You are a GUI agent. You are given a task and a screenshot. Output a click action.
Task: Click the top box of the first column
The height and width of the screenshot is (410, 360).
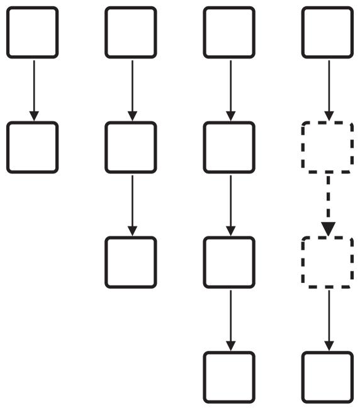coord(33,32)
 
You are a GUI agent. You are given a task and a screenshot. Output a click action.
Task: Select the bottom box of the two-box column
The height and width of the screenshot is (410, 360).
coord(33,147)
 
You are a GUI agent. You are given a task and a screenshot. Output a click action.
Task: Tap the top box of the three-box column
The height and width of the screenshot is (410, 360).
coord(131,32)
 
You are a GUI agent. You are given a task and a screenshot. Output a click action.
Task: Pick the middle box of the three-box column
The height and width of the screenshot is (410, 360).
coord(131,147)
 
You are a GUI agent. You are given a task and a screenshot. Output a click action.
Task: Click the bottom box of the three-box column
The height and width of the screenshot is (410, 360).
coord(131,262)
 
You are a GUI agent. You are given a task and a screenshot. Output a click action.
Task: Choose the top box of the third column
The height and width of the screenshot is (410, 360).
coord(229,32)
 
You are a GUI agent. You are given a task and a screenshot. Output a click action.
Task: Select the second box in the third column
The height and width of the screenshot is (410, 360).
coord(229,147)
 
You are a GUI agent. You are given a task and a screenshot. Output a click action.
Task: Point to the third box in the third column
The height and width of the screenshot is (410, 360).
coord(229,262)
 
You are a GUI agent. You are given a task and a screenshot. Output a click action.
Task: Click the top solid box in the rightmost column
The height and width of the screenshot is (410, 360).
coord(327,32)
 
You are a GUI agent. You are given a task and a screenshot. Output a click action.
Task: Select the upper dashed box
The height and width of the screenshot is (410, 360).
coord(327,147)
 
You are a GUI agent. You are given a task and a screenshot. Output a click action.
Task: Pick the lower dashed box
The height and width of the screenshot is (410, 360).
coord(327,262)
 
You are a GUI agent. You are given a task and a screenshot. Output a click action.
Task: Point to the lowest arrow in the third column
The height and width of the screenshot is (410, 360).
coord(230,319)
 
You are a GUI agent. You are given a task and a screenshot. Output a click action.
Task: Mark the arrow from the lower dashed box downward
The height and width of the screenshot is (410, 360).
coord(328,319)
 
